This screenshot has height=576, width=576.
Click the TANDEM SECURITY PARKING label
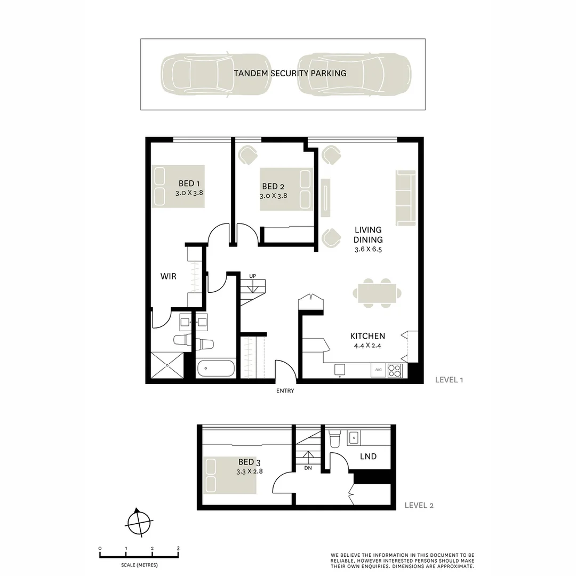[290, 73]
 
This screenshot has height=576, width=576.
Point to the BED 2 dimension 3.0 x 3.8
[274, 196]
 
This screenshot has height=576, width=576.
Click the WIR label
[168, 276]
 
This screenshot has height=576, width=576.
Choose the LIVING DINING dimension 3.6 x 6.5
[368, 250]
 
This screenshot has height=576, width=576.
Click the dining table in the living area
[377, 293]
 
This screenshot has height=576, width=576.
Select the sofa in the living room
[405, 198]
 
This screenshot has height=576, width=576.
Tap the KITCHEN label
[367, 336]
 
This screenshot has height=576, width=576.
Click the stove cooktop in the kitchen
[395, 370]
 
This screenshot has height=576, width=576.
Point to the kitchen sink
[340, 370]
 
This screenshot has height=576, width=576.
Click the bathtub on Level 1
[215, 369]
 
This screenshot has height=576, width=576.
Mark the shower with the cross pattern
[167, 366]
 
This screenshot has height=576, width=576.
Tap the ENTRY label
[285, 391]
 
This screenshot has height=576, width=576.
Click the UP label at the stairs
[253, 276]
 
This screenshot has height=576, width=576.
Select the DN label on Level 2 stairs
[308, 468]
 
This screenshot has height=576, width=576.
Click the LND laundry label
[369, 457]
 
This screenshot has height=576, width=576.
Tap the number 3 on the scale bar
[178, 548]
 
